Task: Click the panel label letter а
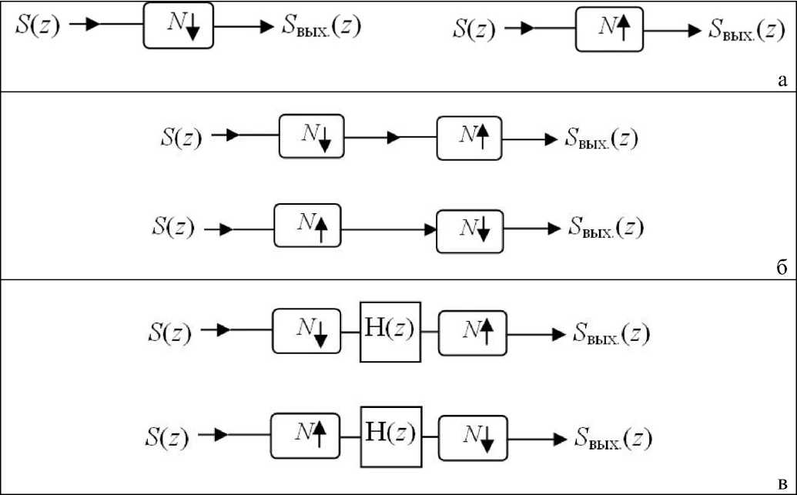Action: click(782, 79)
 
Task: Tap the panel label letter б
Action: click(781, 266)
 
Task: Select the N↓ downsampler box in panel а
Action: click(178, 25)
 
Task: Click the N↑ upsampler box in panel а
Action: click(608, 31)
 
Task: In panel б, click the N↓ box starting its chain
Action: click(312, 137)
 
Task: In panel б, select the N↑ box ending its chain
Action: click(469, 138)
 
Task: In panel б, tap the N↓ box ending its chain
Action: click(469, 230)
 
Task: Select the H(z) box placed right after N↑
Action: click(391, 436)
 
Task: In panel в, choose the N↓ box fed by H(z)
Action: click(472, 436)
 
